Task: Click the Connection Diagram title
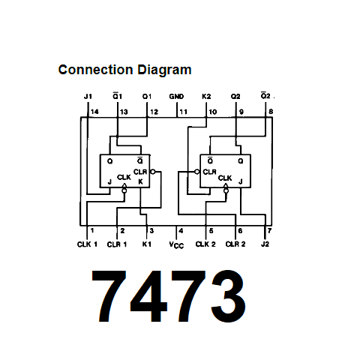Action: click(x=124, y=70)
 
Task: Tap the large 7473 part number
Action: click(x=169, y=296)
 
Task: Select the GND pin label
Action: click(x=176, y=97)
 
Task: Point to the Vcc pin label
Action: click(x=176, y=245)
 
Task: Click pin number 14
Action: click(x=94, y=112)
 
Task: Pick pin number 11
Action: click(x=183, y=112)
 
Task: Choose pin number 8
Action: click(x=271, y=112)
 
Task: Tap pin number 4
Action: click(x=181, y=231)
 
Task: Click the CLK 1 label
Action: click(x=87, y=244)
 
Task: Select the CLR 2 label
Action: click(x=235, y=244)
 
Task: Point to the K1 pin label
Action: click(x=147, y=244)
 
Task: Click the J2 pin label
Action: click(x=265, y=244)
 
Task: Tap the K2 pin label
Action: click(x=206, y=97)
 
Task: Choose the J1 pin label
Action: click(x=88, y=97)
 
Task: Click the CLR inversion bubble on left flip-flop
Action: click(x=153, y=172)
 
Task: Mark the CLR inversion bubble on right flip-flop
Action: click(x=197, y=172)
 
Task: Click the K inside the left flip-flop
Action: click(x=140, y=181)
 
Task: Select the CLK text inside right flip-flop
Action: click(x=225, y=178)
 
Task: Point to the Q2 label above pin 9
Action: click(x=235, y=97)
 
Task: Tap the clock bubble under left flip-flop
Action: click(x=124, y=191)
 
